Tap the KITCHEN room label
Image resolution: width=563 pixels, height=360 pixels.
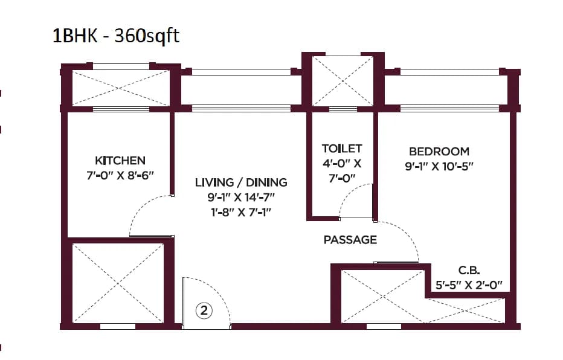(120, 161)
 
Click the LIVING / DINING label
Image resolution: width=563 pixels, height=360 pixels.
(241, 182)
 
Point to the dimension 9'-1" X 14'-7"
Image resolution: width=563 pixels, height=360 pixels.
(241, 197)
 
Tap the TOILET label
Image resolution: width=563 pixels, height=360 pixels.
(342, 148)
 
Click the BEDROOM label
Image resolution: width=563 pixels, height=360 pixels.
(439, 152)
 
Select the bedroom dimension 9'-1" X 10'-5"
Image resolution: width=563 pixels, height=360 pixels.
(439, 166)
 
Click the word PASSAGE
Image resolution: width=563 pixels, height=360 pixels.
(350, 240)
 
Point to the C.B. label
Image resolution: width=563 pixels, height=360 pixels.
(469, 270)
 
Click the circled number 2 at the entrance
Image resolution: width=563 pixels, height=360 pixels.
(204, 311)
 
